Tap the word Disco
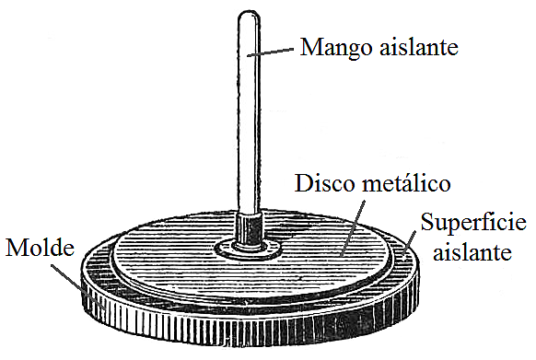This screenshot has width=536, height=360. point(321,181)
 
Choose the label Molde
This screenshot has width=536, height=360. point(35,247)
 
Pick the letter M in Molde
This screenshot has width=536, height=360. point(14,247)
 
